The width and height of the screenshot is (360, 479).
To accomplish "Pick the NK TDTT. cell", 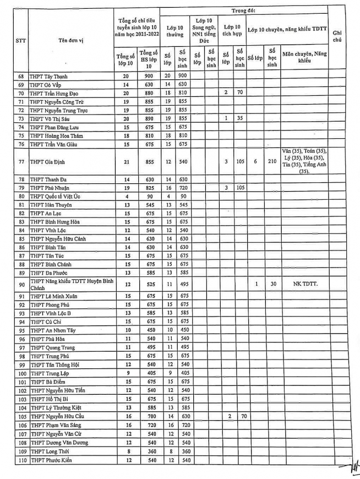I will click(x=305, y=284).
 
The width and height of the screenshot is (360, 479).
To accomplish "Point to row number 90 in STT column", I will click(x=21, y=284).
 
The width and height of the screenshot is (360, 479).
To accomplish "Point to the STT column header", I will click(x=20, y=39).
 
